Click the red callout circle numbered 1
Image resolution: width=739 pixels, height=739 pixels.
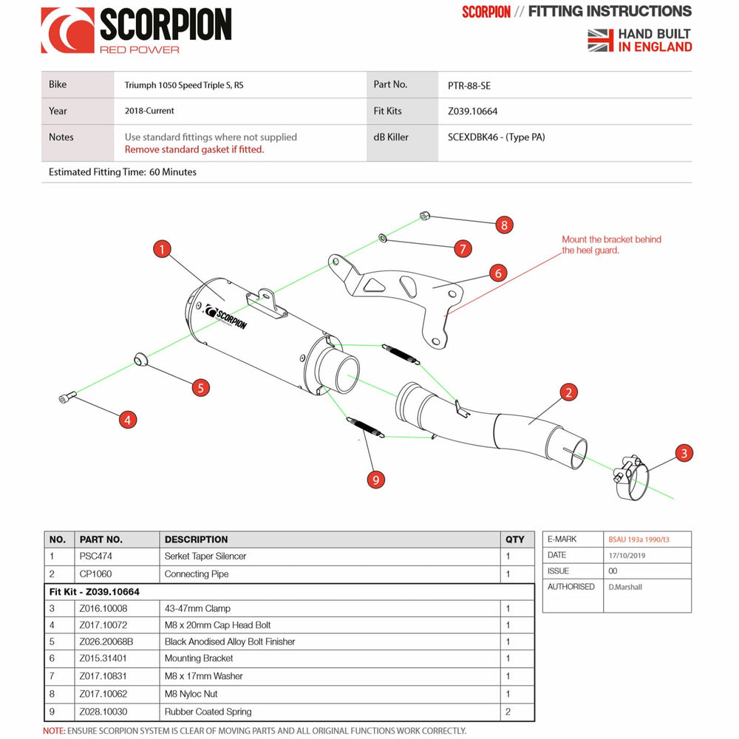coord(162,249)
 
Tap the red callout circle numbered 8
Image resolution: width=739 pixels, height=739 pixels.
coord(504,225)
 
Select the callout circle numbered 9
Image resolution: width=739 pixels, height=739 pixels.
coord(376,480)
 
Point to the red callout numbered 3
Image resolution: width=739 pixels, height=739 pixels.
coord(684,453)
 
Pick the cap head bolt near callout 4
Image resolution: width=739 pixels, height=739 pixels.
coord(67,398)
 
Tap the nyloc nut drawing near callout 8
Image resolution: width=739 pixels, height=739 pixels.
coord(424,216)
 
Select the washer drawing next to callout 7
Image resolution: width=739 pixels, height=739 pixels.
coord(383,237)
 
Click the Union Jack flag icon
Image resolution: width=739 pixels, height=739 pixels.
coord(601,40)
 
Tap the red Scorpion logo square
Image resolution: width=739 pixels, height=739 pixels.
coord(67,30)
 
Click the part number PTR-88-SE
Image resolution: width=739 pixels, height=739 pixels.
coord(469,85)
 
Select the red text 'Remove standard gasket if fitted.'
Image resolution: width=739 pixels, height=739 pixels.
coord(194,149)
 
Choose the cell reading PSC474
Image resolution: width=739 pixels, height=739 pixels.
coord(96,556)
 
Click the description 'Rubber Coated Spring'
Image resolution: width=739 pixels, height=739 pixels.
coord(208,712)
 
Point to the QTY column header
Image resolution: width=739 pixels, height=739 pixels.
coord(514,539)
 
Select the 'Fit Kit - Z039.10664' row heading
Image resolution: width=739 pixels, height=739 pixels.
coord(95,592)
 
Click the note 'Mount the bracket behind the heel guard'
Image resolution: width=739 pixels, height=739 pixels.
coord(611,245)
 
